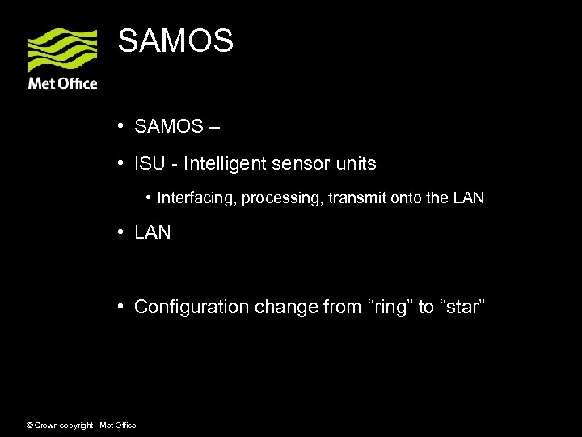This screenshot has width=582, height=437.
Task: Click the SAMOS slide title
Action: point(175,40)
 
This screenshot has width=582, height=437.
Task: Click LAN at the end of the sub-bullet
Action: point(468,197)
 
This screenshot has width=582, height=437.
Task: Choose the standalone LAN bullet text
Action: point(153,233)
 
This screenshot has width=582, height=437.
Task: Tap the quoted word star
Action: point(462,308)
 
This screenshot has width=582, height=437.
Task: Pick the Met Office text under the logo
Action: point(63,83)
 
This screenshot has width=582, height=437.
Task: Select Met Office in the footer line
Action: point(117,426)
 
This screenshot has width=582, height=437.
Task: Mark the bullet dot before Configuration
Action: point(119,307)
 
